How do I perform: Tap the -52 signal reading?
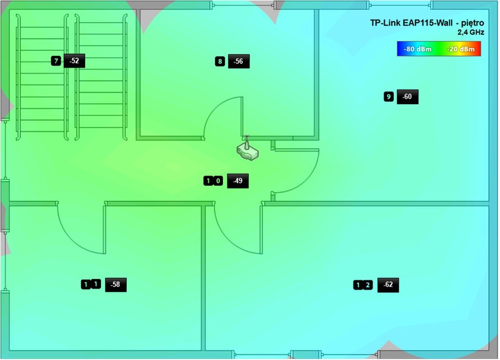click(x=74, y=61)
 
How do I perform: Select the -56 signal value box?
click(x=239, y=61)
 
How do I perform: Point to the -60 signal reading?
click(x=407, y=97)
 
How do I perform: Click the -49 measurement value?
click(x=238, y=181)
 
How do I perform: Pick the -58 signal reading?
click(x=116, y=285)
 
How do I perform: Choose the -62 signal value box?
click(x=388, y=285)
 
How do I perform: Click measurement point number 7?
click(x=56, y=61)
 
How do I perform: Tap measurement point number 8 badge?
click(x=220, y=61)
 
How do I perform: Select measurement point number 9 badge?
click(x=388, y=97)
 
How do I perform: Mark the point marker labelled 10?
click(x=213, y=182)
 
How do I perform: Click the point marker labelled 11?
click(x=91, y=284)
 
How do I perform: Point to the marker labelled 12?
click(x=363, y=285)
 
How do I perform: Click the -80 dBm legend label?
click(x=418, y=49)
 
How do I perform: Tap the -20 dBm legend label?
click(x=461, y=49)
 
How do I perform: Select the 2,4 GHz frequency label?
click(x=471, y=33)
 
